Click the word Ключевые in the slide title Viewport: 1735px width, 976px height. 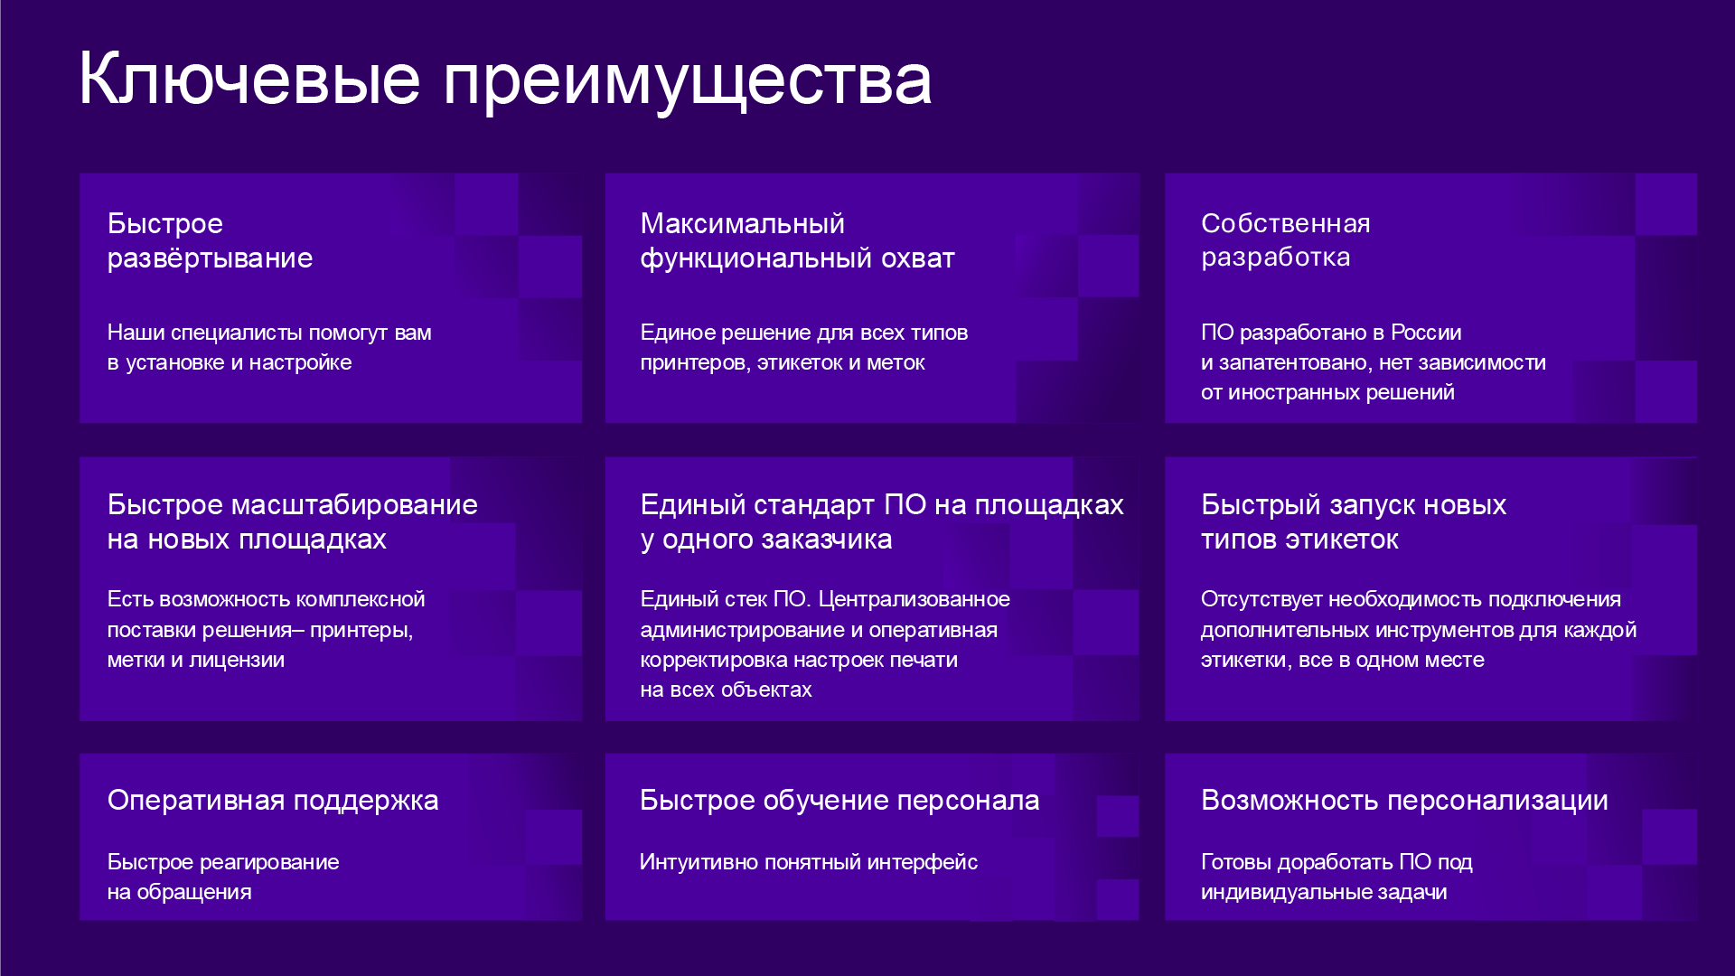coord(250,79)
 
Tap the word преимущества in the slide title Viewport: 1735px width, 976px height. coord(688,83)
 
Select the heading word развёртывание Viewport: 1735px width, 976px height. coord(210,258)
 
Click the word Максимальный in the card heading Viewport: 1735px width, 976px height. coord(742,223)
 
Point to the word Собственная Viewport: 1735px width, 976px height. coord(1285,223)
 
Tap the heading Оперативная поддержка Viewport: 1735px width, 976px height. coord(273,800)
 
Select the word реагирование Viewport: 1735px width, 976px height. coord(268,862)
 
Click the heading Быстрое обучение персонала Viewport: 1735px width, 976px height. coord(839,800)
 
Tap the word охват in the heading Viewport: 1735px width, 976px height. coord(918,258)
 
